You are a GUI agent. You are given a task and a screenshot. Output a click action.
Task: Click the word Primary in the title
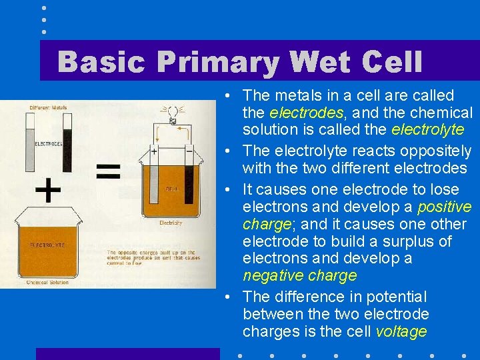coord(217,63)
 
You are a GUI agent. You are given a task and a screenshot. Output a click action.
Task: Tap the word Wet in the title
coord(324,63)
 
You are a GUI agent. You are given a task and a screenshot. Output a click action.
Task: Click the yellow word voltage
coord(401,331)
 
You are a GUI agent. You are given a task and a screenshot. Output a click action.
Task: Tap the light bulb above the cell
coord(172,112)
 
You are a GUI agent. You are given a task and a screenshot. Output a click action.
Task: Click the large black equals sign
coord(109,172)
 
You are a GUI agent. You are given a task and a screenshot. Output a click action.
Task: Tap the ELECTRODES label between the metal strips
coord(48,143)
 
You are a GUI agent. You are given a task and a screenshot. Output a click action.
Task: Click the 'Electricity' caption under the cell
coord(171,223)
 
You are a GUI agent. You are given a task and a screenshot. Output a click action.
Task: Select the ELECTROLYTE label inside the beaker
coord(47,246)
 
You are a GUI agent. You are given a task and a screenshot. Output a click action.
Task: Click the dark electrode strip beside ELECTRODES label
coord(67,142)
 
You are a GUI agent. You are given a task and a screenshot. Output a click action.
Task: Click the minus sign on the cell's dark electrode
coord(189,151)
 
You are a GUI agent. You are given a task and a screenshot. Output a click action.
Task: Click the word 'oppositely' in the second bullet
coord(434,151)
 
